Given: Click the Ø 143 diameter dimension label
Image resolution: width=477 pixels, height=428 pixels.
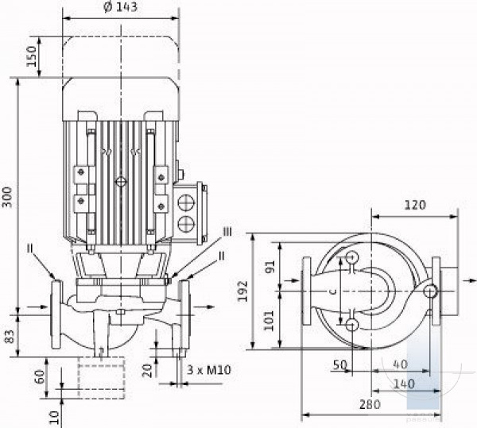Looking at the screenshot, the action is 121,7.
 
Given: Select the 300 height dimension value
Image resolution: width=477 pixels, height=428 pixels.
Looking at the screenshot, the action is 7,197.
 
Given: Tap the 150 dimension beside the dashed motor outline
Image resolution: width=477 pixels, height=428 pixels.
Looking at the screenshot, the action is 31,56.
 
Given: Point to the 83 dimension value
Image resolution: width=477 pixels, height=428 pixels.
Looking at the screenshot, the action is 10,336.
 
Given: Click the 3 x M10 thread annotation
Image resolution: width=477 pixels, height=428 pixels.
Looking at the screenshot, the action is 209,370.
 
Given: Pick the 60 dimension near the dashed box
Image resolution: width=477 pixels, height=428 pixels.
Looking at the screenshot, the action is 40,376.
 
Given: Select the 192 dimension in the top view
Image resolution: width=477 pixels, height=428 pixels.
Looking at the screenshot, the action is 242,291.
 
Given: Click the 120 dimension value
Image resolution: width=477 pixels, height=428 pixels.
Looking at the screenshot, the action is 415,206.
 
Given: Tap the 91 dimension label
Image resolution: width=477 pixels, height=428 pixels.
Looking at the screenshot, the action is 270,267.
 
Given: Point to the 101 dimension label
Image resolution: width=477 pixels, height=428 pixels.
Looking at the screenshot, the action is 269,321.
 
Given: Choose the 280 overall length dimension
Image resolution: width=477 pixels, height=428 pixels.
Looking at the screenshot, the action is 370,405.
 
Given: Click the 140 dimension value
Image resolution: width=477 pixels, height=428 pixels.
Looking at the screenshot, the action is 404,384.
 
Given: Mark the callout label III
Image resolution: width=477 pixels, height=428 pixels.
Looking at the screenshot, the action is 227,232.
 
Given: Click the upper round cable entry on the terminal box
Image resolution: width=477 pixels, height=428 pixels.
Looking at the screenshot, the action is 186,202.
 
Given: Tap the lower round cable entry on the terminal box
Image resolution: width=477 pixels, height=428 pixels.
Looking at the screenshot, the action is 186,224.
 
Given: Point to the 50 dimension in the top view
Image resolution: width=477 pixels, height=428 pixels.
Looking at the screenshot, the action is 340,364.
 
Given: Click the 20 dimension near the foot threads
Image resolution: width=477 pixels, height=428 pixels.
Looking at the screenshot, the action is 148,371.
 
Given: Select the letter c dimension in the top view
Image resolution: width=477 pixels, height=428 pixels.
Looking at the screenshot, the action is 334,291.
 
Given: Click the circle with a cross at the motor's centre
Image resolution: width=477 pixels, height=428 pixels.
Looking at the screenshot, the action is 121,182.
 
